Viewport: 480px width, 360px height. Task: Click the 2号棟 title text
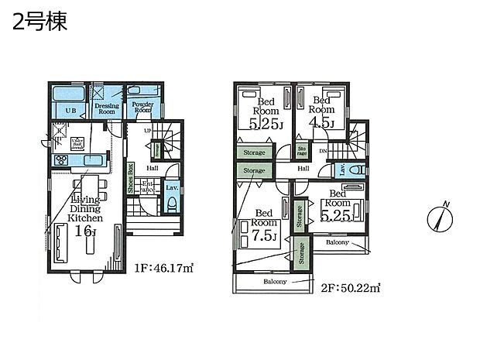[39, 21]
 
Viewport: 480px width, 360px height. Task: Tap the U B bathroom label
[70, 111]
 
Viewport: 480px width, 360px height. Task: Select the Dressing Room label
[106, 109]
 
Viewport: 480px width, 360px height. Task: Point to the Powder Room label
[142, 108]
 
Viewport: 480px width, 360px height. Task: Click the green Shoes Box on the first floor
[131, 180]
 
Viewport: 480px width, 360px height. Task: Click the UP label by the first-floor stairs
[149, 130]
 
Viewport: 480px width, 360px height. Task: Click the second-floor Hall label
[303, 168]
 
